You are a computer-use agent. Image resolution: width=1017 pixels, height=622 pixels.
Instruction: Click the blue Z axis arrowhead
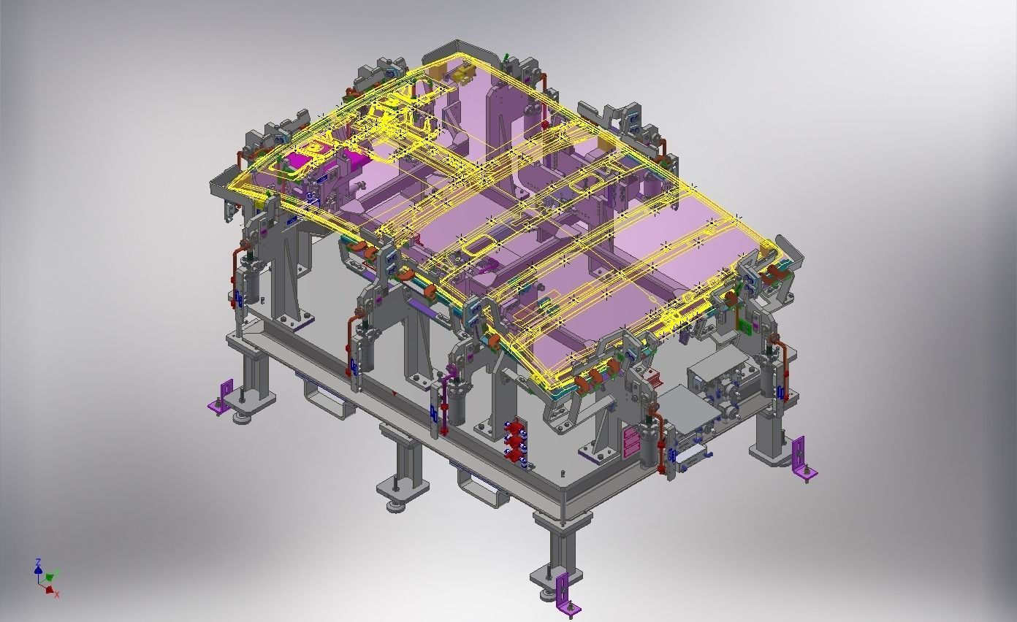pyautogui.click(x=38, y=563)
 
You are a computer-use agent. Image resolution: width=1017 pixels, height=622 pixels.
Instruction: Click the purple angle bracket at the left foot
pyautogui.click(x=222, y=399)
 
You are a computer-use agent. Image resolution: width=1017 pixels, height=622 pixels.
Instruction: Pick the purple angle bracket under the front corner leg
pyautogui.click(x=565, y=594)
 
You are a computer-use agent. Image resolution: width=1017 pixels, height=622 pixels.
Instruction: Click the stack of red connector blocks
pyautogui.click(x=516, y=441)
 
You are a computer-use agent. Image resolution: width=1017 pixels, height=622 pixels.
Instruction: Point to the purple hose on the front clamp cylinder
pyautogui.click(x=451, y=373)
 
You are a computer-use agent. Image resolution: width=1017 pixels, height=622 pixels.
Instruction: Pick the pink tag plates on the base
pyautogui.click(x=630, y=441)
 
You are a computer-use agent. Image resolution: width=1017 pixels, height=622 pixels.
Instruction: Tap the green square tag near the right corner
pyautogui.click(x=744, y=325)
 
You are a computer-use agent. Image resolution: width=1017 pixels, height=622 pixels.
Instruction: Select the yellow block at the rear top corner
pyautogui.click(x=461, y=74)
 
